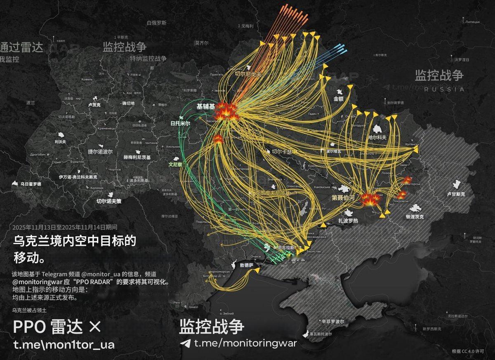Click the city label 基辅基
pyautogui.click(x=205, y=106)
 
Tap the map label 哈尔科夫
pyautogui.click(x=377, y=137)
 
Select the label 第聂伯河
pyautogui.click(x=343, y=198)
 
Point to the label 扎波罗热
pyautogui.click(x=348, y=221)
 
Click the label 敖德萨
pyautogui.click(x=243, y=265)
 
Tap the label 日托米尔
pyautogui.click(x=181, y=123)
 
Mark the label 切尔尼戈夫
pyautogui.click(x=248, y=74)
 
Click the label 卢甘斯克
pyautogui.click(x=456, y=194)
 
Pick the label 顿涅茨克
pyautogui.click(x=415, y=216)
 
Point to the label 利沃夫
pyautogui.click(x=60, y=142)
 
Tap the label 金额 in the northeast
pyautogui.click(x=338, y=99)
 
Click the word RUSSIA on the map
pyautogui.click(x=444, y=89)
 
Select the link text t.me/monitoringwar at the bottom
pyautogui.click(x=245, y=343)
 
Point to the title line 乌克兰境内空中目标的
pyautogui.click(x=75, y=241)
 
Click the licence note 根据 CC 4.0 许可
pyautogui.click(x=468, y=351)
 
